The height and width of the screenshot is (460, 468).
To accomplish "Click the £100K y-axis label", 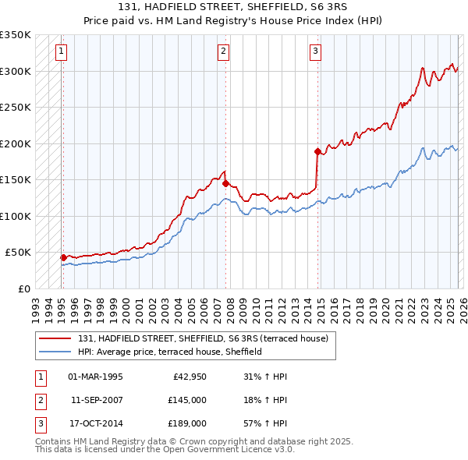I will [16, 216].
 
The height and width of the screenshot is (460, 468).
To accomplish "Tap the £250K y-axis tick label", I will [16, 108].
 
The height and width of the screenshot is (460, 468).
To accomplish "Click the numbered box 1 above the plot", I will [61, 52].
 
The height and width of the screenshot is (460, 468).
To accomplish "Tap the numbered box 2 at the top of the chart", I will [224, 52].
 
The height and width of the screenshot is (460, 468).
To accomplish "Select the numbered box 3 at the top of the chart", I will [316, 52].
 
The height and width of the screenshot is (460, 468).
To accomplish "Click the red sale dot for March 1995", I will [63, 257].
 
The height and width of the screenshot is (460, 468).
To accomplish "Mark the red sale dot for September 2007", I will [225, 184].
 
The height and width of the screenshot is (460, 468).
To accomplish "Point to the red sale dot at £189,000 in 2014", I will [317, 151].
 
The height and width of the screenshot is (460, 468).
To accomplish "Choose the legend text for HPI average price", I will [169, 352].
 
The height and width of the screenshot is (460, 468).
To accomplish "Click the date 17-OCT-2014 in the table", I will [95, 423].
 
